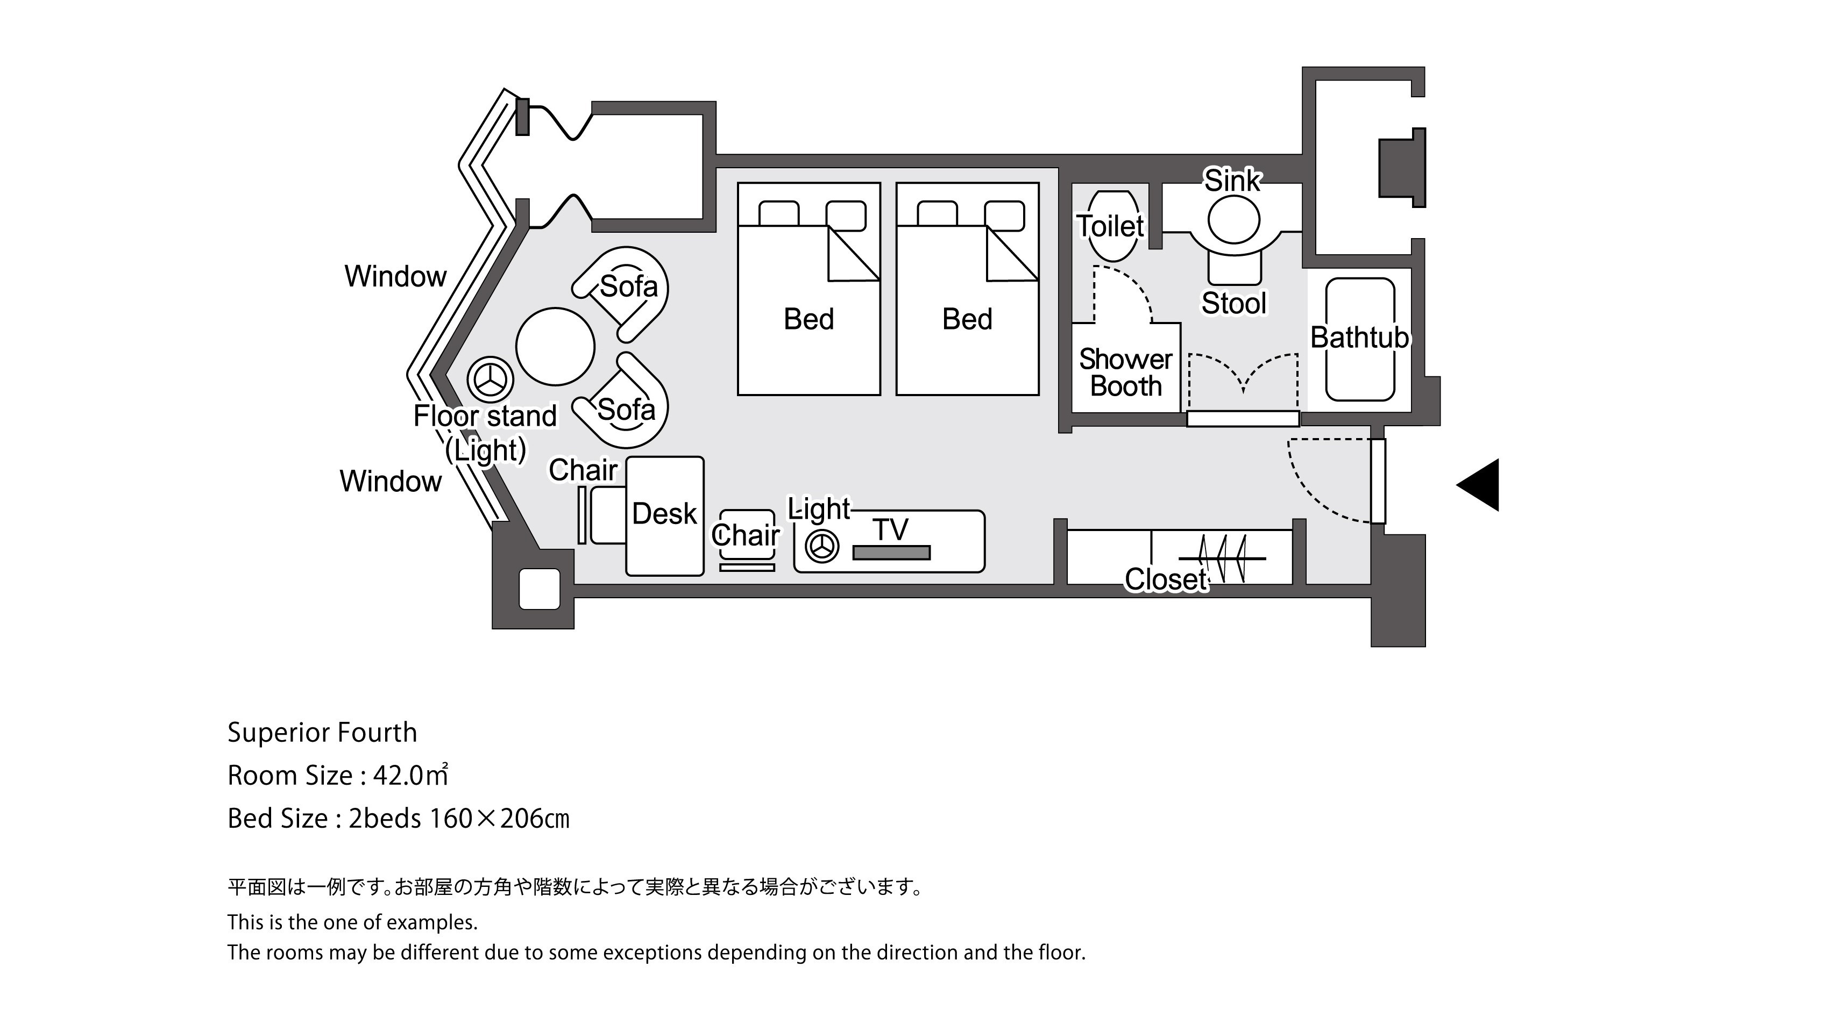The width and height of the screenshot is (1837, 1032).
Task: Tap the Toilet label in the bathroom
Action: [1110, 227]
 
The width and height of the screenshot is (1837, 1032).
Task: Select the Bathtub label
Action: [1360, 338]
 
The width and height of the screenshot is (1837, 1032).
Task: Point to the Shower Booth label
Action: [1125, 372]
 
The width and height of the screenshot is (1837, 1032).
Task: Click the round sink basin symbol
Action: [1233, 219]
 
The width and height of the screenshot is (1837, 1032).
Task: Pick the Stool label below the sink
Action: [1233, 304]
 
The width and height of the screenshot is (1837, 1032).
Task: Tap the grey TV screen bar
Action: [891, 553]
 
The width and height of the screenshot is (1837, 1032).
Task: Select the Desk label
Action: [664, 514]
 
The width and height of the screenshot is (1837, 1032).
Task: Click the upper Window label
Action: [395, 276]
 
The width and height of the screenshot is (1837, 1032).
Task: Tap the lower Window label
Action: [390, 482]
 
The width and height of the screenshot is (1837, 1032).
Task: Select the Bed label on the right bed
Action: [967, 319]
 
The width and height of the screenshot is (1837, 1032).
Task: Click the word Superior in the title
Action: [279, 733]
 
